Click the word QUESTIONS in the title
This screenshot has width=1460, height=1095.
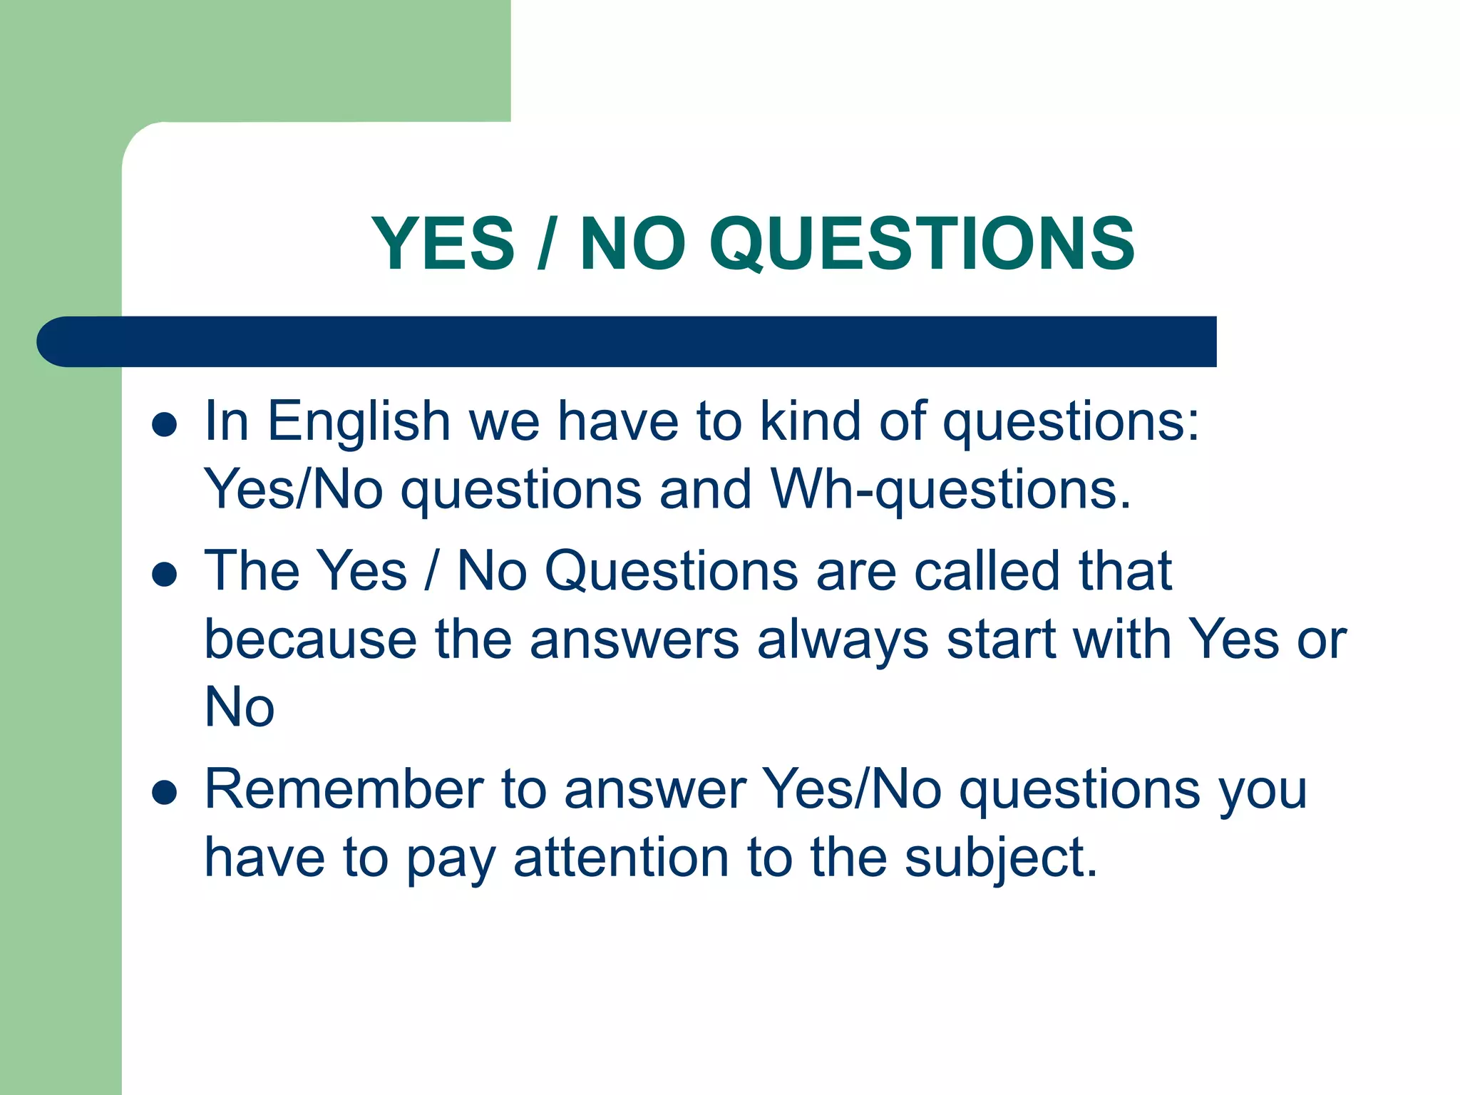(921, 244)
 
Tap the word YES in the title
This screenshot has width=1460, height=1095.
(443, 244)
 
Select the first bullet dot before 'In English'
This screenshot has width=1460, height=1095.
(165, 424)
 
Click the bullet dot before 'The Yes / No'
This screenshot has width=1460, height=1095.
(165, 574)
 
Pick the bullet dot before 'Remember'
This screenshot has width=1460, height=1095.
(165, 792)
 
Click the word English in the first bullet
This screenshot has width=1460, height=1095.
(359, 422)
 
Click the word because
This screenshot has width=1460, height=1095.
(311, 640)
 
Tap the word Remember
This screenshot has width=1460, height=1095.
(344, 790)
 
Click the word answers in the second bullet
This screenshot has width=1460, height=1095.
(634, 640)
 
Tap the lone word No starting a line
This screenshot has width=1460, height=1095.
(240, 707)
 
